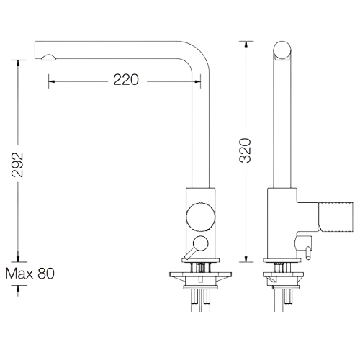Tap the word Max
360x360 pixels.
(19, 274)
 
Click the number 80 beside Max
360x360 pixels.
(45, 274)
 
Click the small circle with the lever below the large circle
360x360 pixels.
(201, 243)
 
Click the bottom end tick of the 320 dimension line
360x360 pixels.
(247, 260)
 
